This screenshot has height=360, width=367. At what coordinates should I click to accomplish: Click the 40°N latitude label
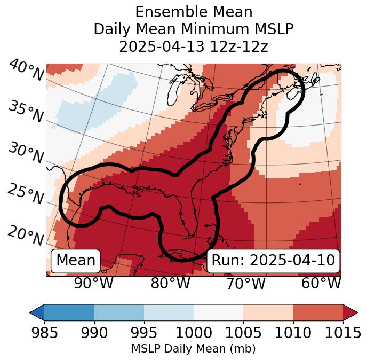26,70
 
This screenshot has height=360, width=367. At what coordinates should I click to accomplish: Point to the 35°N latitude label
26,112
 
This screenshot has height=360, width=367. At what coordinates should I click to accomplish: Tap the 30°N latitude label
26,153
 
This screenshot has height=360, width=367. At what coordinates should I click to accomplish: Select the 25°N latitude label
26,194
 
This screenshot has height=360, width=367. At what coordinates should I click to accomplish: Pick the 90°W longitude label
94,283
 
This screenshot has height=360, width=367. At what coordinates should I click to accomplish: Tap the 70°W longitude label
245,283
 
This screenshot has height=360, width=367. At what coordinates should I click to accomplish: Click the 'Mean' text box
76,261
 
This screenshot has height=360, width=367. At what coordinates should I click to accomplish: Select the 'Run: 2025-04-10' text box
273,261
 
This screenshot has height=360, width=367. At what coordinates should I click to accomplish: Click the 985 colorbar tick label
44,333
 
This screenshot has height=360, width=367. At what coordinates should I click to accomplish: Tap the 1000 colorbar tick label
193,333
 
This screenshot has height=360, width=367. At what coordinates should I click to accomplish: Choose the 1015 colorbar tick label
342,333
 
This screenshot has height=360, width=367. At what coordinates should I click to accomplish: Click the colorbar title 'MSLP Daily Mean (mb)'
193,349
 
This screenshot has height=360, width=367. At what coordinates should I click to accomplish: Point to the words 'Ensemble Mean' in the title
193,12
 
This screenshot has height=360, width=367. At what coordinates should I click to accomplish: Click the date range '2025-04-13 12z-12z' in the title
193,46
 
